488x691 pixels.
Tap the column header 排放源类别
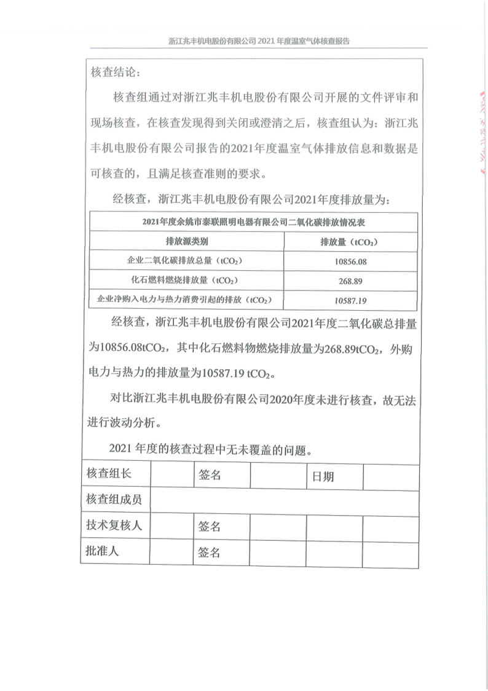pos(187,242)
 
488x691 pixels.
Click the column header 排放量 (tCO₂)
pos(349,242)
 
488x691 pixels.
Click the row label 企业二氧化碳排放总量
pos(187,262)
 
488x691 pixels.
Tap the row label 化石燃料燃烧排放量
pos(187,281)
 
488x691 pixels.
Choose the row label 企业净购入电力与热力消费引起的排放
pos(187,300)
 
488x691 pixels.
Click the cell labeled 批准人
pos(103,551)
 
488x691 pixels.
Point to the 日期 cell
pos(323,476)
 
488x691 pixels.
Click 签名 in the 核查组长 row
pos(210,475)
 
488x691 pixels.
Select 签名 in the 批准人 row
pos(210,553)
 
